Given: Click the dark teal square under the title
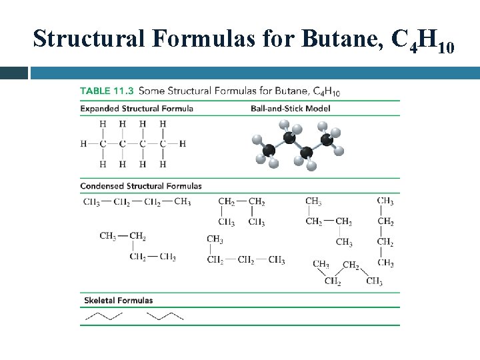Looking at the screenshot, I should [x=13, y=73].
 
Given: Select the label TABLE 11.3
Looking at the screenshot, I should [x=107, y=90].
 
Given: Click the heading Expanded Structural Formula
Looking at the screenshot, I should [x=137, y=108].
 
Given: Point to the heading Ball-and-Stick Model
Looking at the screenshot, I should [x=291, y=108].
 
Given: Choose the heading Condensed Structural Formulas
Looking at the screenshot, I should [x=141, y=186].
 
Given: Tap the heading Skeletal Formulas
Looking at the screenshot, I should [x=119, y=300].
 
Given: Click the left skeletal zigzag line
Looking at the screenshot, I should [x=103, y=315].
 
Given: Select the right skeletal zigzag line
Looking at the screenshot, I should [x=165, y=315].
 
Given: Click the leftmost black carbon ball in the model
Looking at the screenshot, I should [x=269, y=151].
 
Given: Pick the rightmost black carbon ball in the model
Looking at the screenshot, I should [x=327, y=140].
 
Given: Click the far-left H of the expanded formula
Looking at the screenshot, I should [x=83, y=143].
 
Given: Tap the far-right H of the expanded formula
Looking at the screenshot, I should [x=182, y=143].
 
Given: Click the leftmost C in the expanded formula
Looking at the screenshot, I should [x=103, y=143].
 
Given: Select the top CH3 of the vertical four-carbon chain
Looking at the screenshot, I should [x=385, y=201].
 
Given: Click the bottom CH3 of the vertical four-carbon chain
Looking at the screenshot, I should [x=385, y=263].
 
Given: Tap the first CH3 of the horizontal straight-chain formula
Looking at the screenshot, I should [x=91, y=202].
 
